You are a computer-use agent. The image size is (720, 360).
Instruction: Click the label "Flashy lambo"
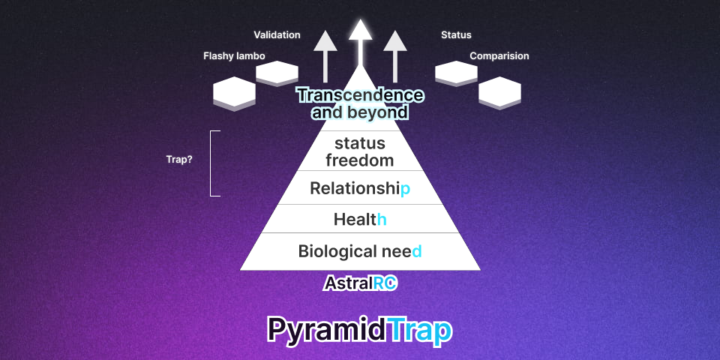click(x=234, y=56)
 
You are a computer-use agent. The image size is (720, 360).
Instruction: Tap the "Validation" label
click(x=277, y=35)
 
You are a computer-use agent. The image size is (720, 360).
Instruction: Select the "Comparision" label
click(x=499, y=56)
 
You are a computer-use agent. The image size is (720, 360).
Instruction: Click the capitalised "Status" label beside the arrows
click(x=456, y=35)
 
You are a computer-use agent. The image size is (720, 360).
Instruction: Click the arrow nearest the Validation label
click(x=325, y=56)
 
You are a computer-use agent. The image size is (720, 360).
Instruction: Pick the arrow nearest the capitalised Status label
click(x=395, y=56)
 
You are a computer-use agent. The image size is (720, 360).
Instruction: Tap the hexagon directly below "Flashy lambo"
click(x=234, y=94)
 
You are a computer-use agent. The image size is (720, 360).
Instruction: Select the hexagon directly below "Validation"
click(x=277, y=73)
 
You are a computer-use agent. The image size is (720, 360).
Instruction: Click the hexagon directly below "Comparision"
click(x=499, y=93)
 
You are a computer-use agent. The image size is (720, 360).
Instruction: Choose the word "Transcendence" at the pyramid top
click(x=360, y=95)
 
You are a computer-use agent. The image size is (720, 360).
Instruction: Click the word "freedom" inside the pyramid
click(x=360, y=160)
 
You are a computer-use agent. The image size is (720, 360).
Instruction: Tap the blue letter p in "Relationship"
click(x=405, y=189)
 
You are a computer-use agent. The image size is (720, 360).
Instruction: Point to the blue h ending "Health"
click(x=382, y=220)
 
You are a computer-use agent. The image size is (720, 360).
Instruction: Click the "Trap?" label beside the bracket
click(x=179, y=160)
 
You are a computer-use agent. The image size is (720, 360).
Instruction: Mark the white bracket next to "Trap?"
click(x=211, y=163)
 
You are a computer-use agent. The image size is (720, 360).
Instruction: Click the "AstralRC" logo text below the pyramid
click(x=360, y=283)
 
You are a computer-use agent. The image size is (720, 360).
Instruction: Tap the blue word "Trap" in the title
click(x=418, y=329)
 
